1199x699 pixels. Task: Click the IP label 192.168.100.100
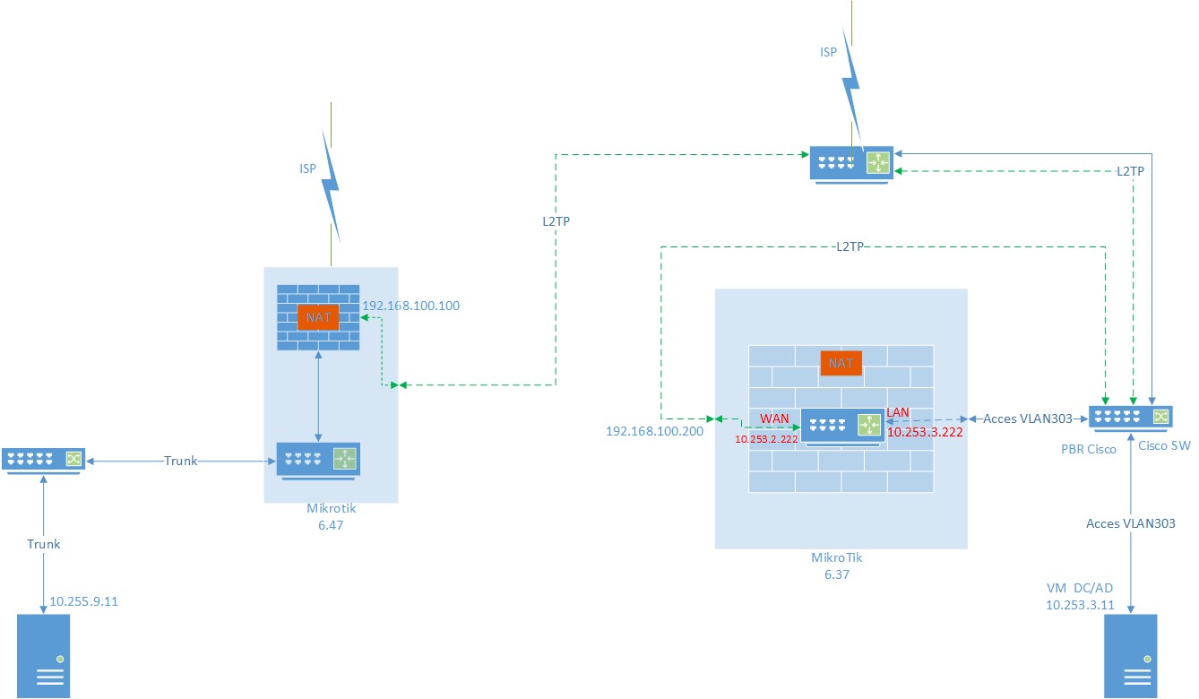pos(410,306)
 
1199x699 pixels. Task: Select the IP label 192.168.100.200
pos(655,431)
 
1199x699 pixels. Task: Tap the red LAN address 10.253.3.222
pos(925,432)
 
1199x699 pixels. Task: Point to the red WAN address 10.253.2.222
pos(766,439)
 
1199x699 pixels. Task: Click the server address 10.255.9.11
pos(83,601)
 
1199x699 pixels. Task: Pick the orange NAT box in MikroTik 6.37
pos(841,363)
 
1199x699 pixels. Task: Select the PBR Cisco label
pos(1088,449)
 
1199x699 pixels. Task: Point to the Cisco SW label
pos(1164,445)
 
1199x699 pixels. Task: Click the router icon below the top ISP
pos(850,164)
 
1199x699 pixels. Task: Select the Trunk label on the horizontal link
pos(179,461)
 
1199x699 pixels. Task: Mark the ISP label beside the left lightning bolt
pos(308,168)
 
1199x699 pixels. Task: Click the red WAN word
pos(775,419)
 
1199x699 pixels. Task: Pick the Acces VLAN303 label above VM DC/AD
pos(1130,523)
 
